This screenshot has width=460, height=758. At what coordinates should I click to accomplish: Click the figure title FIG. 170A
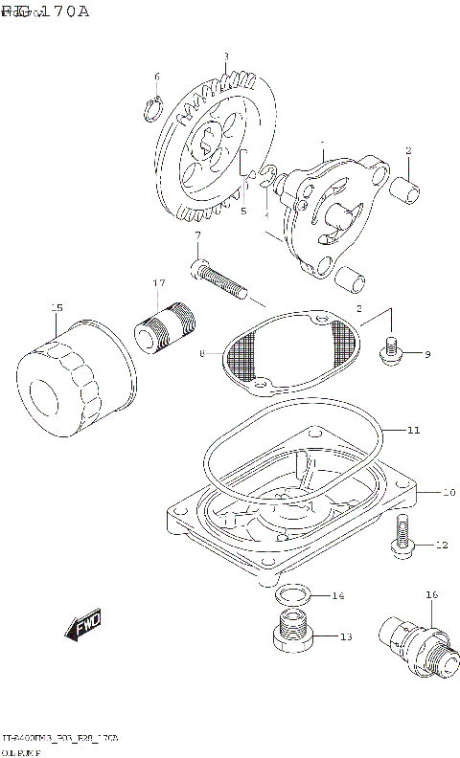[45, 11]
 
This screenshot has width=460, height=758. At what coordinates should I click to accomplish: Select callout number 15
[57, 307]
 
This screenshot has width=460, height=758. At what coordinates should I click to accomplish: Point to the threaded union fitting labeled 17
[165, 324]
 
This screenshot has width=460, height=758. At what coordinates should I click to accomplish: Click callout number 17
[159, 283]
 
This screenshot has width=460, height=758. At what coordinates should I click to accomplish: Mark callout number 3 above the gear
[225, 56]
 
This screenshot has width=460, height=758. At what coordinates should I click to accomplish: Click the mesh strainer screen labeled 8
[292, 353]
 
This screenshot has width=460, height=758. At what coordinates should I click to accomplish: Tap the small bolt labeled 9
[391, 351]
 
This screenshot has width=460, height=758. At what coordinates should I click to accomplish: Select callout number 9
[426, 355]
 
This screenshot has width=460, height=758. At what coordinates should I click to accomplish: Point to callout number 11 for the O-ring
[413, 431]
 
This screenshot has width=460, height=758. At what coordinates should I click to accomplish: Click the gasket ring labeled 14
[293, 596]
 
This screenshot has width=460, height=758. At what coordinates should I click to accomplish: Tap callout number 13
[345, 636]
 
